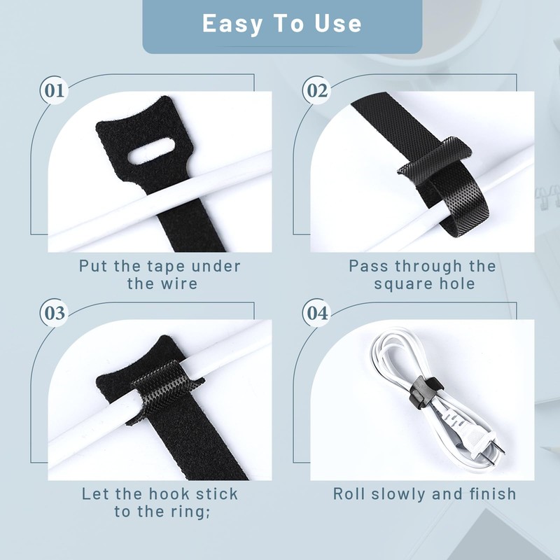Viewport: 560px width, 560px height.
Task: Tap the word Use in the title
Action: click(337, 24)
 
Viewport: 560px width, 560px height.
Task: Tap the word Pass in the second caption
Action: click(369, 267)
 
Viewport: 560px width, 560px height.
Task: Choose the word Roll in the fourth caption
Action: click(349, 494)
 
